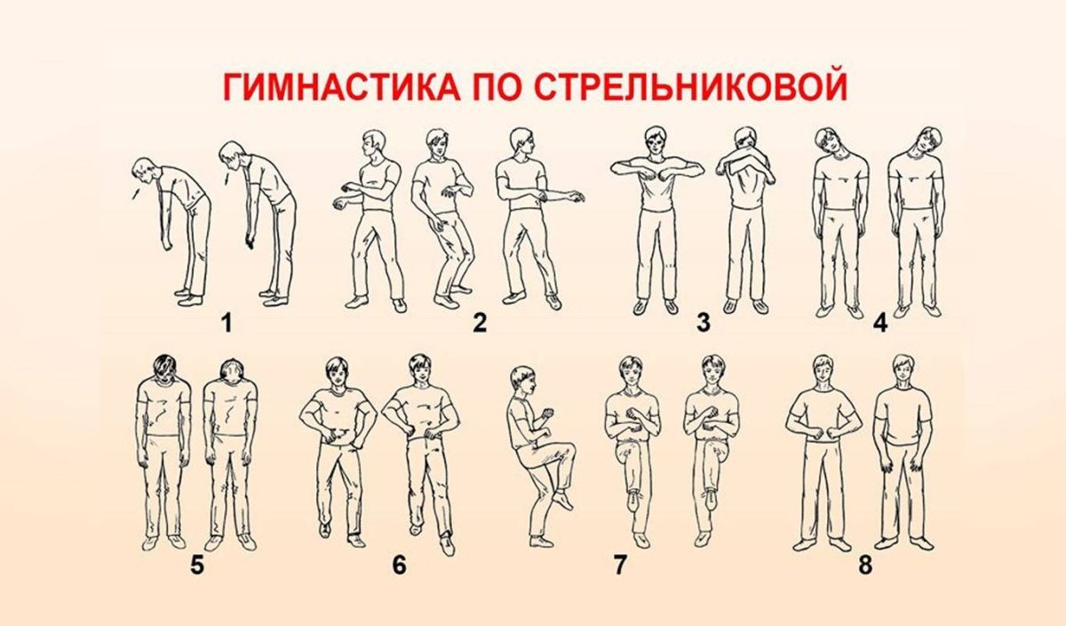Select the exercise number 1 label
click(227, 324)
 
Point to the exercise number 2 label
click(480, 324)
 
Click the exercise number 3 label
click(704, 324)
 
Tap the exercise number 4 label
click(880, 324)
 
